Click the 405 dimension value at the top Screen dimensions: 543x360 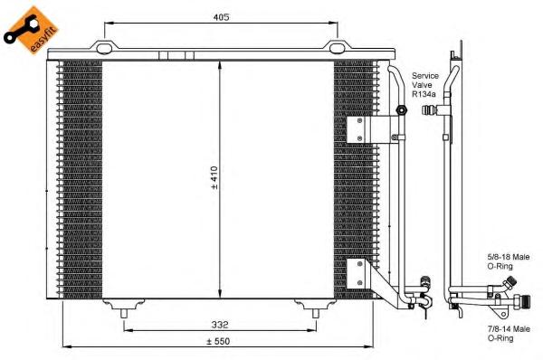click(x=221, y=16)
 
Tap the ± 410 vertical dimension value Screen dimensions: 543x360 click(x=214, y=177)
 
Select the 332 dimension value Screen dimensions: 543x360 click(x=220, y=325)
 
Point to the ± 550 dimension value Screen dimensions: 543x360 click(x=218, y=341)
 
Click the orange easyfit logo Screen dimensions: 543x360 click(x=31, y=31)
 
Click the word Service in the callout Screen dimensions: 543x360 click(x=425, y=75)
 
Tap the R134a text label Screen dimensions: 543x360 click(x=424, y=94)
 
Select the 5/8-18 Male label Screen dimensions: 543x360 click(x=509, y=257)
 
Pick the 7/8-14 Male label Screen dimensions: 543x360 click(x=509, y=329)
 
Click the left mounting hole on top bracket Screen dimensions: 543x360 click(x=104, y=49)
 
